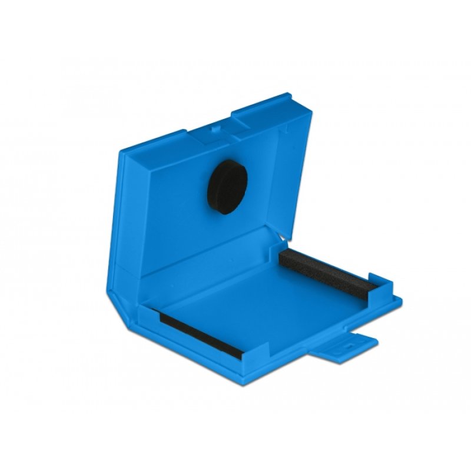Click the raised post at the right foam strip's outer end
[375, 283]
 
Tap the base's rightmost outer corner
[400, 300]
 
